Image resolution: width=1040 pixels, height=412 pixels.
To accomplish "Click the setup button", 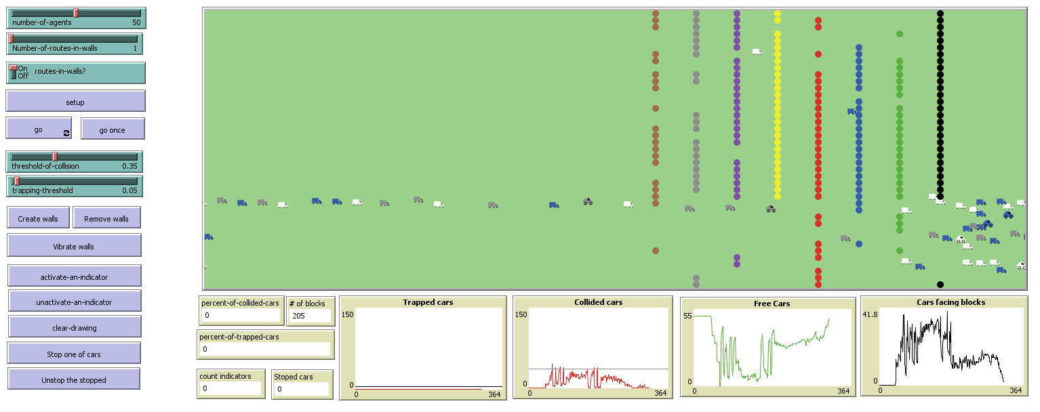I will (x=75, y=102).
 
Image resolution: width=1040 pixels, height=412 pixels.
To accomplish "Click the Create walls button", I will (x=38, y=218).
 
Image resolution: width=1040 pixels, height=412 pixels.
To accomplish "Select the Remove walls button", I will (x=106, y=218).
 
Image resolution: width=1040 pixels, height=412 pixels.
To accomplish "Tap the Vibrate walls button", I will (x=75, y=246).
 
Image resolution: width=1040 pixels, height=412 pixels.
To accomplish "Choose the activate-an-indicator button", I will (x=75, y=276).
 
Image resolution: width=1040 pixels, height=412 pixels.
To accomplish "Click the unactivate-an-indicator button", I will (x=75, y=302).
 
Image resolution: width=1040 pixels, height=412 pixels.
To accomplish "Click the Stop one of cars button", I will (x=75, y=354).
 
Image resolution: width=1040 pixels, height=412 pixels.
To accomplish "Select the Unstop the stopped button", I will (x=74, y=379).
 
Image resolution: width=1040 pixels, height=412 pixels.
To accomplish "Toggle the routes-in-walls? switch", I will (x=13, y=73).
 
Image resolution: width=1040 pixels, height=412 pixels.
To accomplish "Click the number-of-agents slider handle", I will (x=76, y=13).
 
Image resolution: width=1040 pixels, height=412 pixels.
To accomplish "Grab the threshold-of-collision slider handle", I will (x=56, y=157).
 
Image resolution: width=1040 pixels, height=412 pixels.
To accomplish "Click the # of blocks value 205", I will (x=310, y=316).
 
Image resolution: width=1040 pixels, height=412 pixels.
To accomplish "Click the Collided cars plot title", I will (x=598, y=302).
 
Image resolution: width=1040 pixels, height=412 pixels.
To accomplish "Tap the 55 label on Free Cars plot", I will (x=687, y=316).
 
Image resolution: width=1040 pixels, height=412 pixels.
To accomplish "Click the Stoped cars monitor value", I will (x=302, y=389).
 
